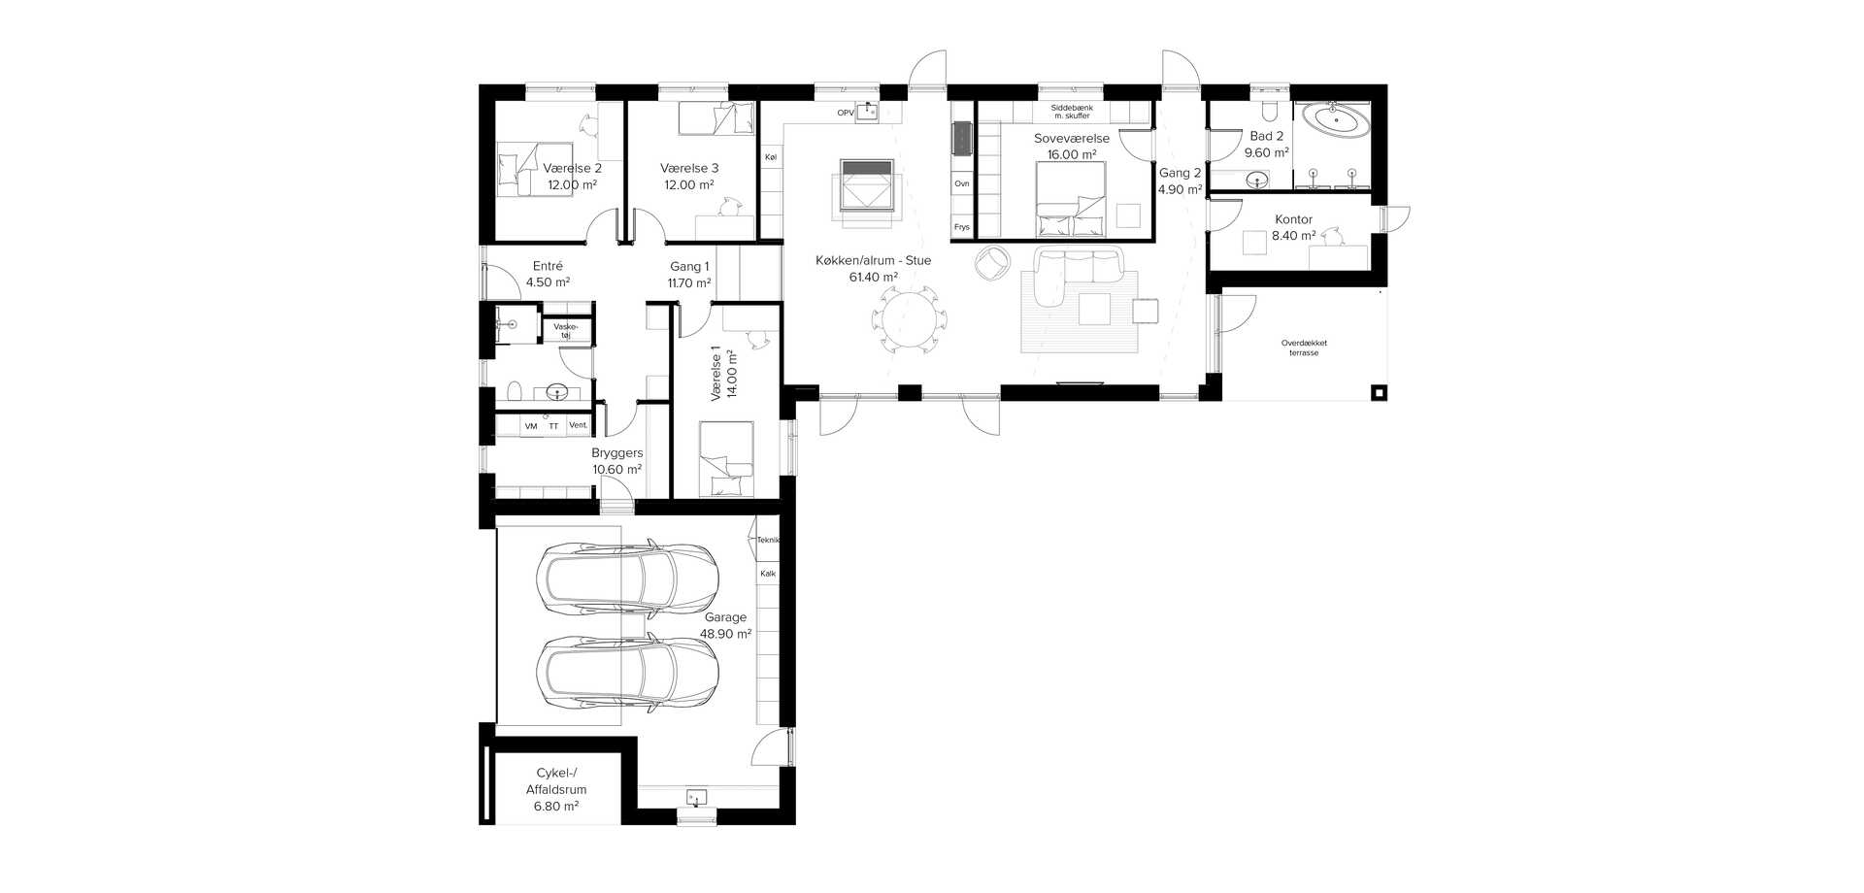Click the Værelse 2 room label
(572, 168)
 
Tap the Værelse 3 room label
(689, 168)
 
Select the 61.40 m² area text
(873, 278)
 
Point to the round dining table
(911, 318)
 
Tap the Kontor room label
(1293, 219)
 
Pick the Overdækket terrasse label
(1304, 347)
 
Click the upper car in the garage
(627, 579)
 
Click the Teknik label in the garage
(768, 540)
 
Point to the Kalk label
(768, 574)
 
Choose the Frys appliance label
(961, 227)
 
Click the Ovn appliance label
(961, 183)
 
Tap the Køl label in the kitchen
(771, 157)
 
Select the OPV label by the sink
(846, 114)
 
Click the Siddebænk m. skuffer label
(1072, 112)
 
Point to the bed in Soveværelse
(1071, 199)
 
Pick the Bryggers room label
(617, 453)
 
